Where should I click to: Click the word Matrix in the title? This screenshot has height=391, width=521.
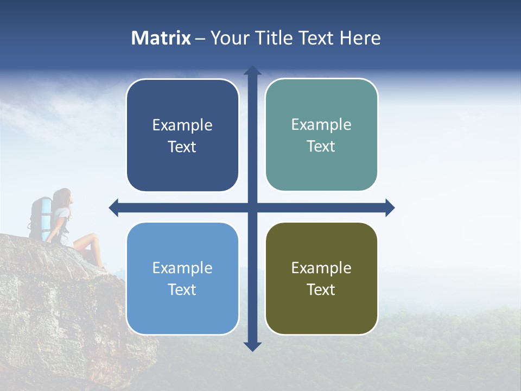[x=161, y=38]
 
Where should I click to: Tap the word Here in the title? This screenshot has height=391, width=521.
[x=360, y=38]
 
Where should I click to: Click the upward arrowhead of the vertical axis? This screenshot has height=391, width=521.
[x=252, y=71]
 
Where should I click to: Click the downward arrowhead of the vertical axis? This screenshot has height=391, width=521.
[x=252, y=346]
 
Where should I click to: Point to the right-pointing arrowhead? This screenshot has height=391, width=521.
[x=390, y=207]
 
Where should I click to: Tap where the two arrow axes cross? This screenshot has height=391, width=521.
[x=252, y=207]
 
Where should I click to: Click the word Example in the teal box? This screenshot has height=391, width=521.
[x=321, y=124]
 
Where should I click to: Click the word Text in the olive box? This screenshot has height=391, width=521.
[x=321, y=289]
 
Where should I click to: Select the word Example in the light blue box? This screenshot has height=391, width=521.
[x=182, y=268]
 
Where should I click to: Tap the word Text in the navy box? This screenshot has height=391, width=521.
[x=182, y=147]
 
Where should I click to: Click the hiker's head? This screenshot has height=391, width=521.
[x=64, y=197]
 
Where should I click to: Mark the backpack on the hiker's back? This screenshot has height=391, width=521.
[x=40, y=217]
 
